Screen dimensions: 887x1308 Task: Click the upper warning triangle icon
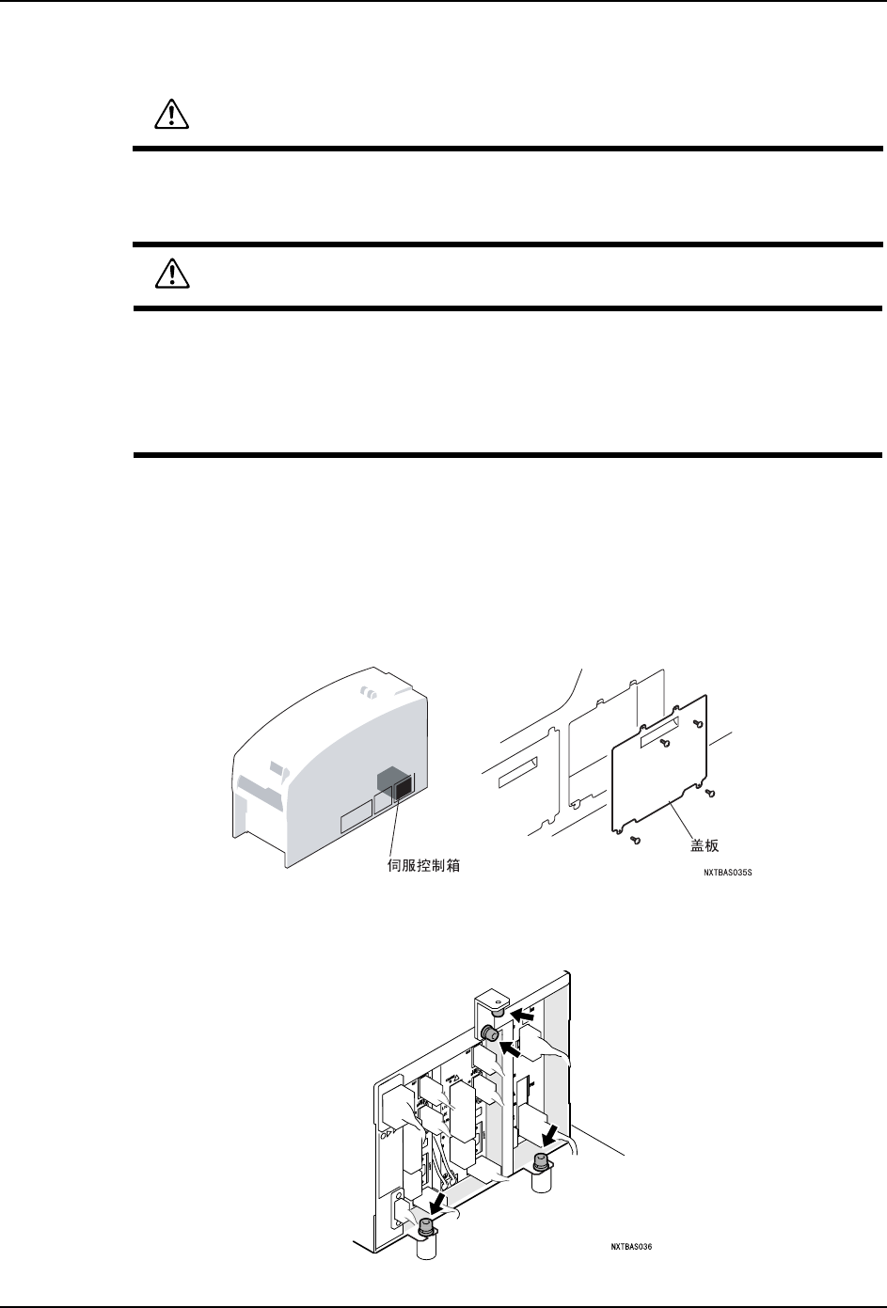click(x=171, y=114)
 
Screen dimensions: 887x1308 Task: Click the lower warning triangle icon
click(x=171, y=274)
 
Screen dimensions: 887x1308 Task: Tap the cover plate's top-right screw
click(x=698, y=723)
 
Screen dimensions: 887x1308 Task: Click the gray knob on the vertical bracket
click(x=490, y=1033)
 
